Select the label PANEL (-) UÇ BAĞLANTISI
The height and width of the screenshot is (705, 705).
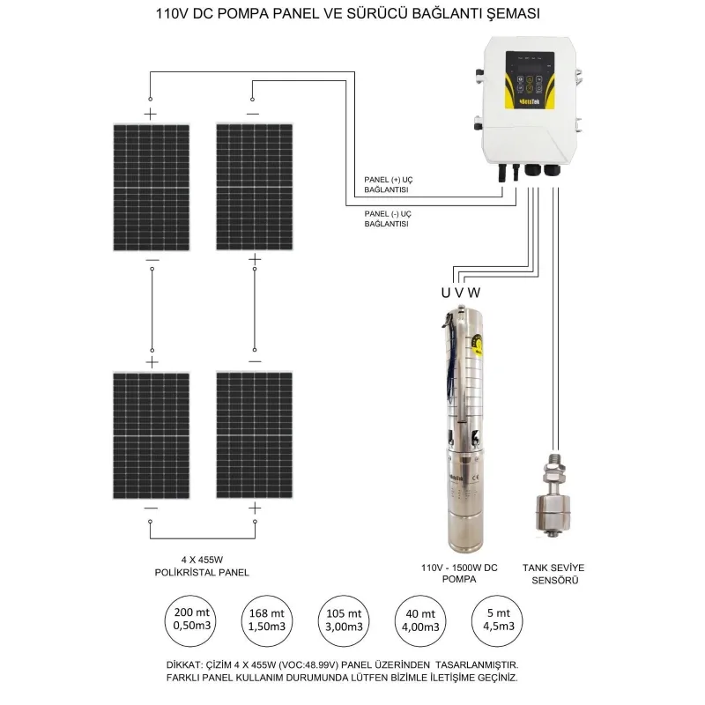[x=391, y=219]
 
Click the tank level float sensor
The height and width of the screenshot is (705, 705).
[x=553, y=502]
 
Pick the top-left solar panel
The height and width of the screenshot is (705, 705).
[x=151, y=187]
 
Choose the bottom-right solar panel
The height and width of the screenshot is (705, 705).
[x=255, y=434]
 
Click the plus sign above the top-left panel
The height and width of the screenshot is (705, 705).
[x=150, y=115]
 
